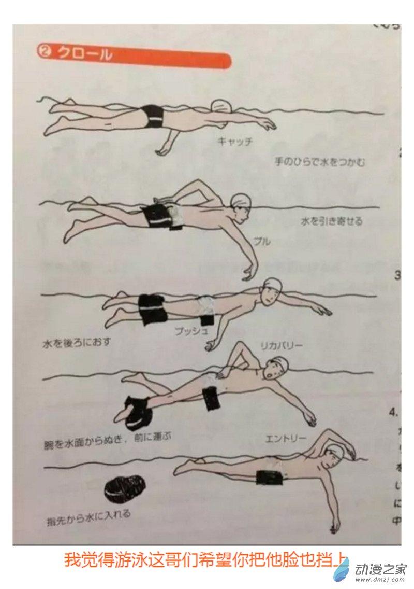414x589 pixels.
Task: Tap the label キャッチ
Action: [x=235, y=141]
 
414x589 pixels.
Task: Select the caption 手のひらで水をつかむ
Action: [x=320, y=162]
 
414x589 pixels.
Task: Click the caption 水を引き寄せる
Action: [x=332, y=221]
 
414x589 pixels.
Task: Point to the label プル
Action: [x=261, y=241]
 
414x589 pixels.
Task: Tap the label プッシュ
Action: [x=191, y=330]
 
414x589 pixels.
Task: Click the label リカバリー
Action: [x=282, y=345]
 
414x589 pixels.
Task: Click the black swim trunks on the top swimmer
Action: [x=152, y=117]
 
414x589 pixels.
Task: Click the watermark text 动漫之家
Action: [x=380, y=568]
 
